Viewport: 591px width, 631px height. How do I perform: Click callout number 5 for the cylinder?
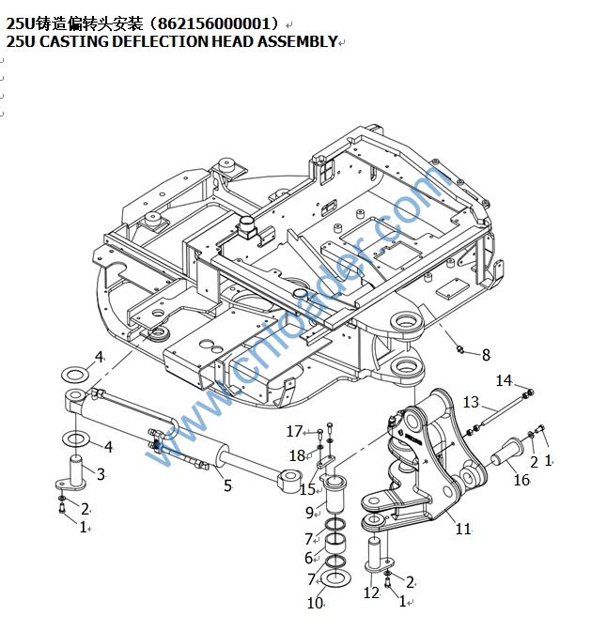226,485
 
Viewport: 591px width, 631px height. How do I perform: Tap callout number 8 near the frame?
486,355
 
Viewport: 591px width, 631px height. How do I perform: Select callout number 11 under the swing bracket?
462,530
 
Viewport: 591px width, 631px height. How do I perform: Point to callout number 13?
471,403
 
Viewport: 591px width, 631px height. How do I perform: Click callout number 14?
505,380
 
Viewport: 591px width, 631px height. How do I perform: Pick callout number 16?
522,480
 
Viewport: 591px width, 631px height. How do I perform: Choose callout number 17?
294,431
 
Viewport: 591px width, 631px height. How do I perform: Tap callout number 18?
297,455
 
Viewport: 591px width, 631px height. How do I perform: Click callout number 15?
306,489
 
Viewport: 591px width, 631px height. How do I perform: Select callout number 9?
309,513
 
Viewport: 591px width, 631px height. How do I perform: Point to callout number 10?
315,603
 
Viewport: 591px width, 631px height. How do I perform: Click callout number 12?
371,593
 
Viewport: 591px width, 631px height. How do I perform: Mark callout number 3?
101,474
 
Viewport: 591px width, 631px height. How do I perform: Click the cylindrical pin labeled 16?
504,456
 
